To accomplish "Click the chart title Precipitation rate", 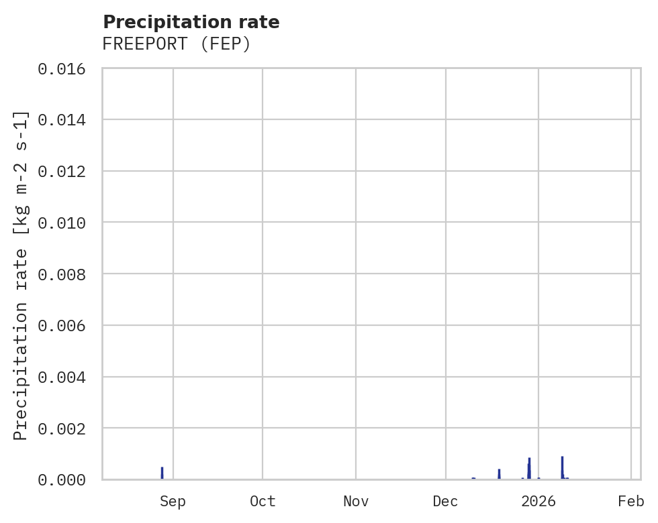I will pyautogui.click(x=191, y=22).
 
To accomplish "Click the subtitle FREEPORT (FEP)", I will pyautogui.click(x=177, y=44).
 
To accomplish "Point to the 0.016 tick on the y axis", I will pyautogui.click(x=66, y=68).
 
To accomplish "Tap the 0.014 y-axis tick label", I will pyautogui.click(x=66, y=119).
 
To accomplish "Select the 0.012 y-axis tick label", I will pyautogui.click(x=66, y=171).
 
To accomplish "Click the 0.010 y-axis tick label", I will pyautogui.click(x=66, y=222).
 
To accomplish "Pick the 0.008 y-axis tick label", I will pyautogui.click(x=66, y=274).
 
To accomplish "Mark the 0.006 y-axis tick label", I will pyautogui.click(x=66, y=325).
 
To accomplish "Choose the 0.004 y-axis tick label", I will pyautogui.click(x=66, y=377).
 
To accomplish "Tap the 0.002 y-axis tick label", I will pyautogui.click(x=66, y=428).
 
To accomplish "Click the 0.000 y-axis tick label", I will pyautogui.click(x=66, y=479).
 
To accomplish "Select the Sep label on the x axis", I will pyautogui.click(x=173, y=501).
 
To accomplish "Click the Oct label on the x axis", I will pyautogui.click(x=262, y=501).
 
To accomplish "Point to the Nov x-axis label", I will pyautogui.click(x=355, y=501).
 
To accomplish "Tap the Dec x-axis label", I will pyautogui.click(x=445, y=501).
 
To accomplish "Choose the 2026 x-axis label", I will pyautogui.click(x=538, y=501).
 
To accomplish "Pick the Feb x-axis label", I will pyautogui.click(x=631, y=501).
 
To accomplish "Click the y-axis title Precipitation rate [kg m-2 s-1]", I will pyautogui.click(x=21, y=275).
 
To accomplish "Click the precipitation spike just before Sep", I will pyautogui.click(x=162, y=473).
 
